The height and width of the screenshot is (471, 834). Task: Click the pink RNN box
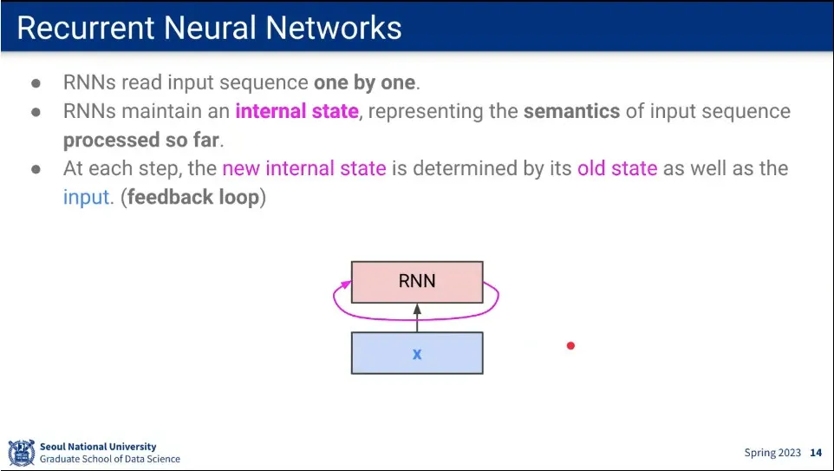click(416, 281)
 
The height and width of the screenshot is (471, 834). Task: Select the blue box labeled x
click(416, 353)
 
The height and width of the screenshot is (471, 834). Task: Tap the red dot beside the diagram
click(570, 346)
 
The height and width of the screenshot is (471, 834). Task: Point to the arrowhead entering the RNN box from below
click(417, 308)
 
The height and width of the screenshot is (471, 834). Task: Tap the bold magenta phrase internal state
click(296, 112)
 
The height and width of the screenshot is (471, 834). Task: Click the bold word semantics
click(571, 112)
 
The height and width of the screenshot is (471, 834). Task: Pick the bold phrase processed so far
click(142, 141)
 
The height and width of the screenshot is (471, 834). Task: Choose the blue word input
click(87, 197)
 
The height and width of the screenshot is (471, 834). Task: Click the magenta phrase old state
click(617, 168)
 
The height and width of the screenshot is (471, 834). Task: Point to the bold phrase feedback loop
click(193, 197)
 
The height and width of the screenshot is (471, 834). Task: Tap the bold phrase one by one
click(364, 83)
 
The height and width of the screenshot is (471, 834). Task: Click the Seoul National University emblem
click(22, 453)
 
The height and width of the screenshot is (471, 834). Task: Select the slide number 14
click(816, 453)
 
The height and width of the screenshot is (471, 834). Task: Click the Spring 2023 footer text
click(772, 453)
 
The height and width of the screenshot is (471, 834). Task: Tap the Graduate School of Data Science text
click(110, 459)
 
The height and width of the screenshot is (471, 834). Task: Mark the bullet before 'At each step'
click(36, 169)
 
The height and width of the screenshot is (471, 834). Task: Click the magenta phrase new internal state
click(303, 168)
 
